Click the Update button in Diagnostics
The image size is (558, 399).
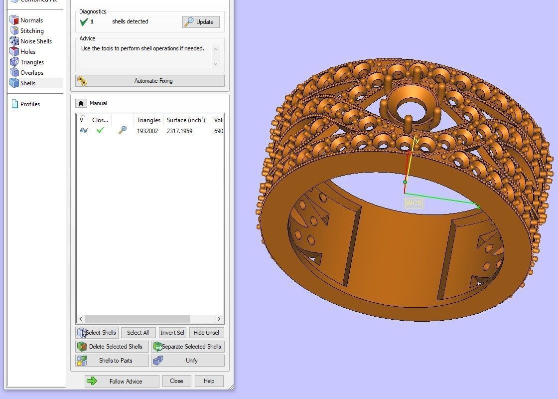[x=201, y=22]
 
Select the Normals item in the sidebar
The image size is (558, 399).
[x=31, y=20]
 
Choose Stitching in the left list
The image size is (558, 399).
[x=32, y=31]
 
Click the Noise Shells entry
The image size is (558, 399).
[x=36, y=41]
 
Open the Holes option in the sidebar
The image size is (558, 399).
[x=28, y=52]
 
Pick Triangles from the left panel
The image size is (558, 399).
[x=32, y=62]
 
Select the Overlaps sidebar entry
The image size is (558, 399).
[x=32, y=73]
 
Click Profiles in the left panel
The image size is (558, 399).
[x=30, y=104]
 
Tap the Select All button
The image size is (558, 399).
[x=138, y=333]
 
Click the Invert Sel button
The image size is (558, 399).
[x=172, y=333]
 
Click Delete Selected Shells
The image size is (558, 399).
[x=112, y=347]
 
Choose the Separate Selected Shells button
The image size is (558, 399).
[x=188, y=347]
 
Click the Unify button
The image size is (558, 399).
[x=188, y=361]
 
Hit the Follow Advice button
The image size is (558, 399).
[x=122, y=382]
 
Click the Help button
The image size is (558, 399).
[x=209, y=381]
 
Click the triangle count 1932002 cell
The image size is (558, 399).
[x=148, y=131]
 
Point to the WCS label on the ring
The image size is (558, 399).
[x=414, y=203]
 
